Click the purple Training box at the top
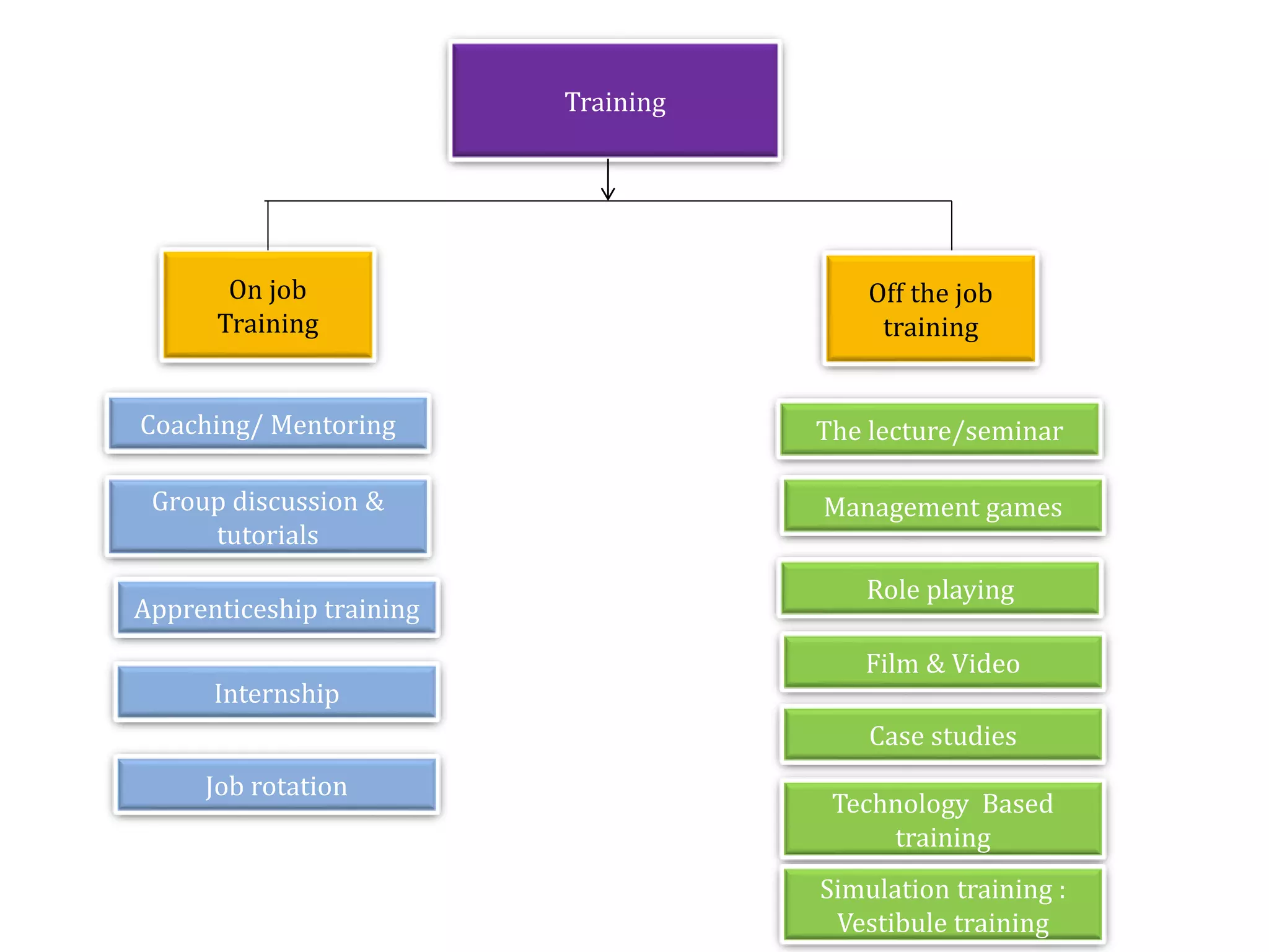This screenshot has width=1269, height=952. coord(615,101)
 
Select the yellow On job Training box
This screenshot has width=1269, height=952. coord(268,306)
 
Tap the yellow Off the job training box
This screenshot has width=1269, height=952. coord(930,309)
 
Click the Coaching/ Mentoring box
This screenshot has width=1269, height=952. coord(268,425)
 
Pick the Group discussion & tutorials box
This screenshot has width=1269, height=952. coord(268,518)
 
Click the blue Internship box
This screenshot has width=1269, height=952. coord(276,693)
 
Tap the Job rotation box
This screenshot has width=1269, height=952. coord(276,785)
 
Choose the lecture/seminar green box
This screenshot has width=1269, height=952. coord(939,430)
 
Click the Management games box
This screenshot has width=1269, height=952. coord(942,506)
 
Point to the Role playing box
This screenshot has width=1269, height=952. coord(940,589)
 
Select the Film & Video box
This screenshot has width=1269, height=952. coord(942,663)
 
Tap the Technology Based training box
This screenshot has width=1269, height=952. coord(942,819)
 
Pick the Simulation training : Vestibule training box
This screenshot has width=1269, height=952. coord(942,905)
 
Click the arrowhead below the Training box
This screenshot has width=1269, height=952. coord(608,193)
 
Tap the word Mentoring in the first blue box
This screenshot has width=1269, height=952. coord(333,425)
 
